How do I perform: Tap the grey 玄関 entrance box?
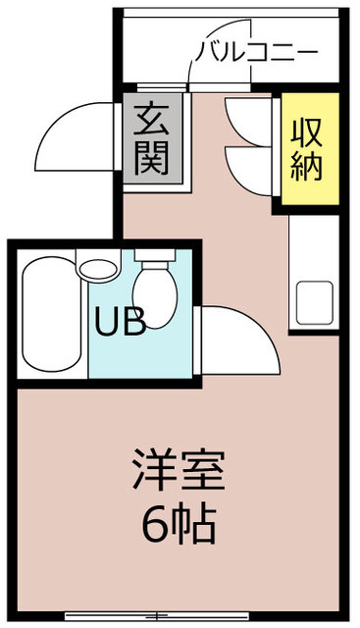pos(155,141)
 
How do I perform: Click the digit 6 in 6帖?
pos(155,527)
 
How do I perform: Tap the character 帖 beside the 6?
pos(196,527)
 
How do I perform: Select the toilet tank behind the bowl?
pos(153,259)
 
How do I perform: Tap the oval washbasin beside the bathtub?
pos(98,268)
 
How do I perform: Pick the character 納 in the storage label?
pos(307,167)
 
